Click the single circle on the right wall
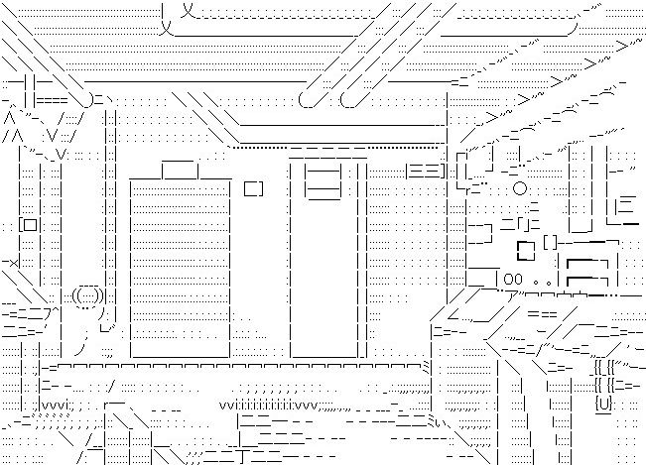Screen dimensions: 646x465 [x=519, y=188]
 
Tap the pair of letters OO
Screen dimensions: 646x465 [x=513, y=280]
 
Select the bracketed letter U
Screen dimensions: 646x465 [x=602, y=405]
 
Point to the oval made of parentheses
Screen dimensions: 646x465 [x=86, y=294]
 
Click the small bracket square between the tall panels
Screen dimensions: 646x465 [x=254, y=187]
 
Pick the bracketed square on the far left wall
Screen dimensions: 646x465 [x=29, y=225]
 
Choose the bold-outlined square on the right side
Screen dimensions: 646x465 [x=525, y=244]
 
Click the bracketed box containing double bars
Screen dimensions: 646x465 [x=426, y=172]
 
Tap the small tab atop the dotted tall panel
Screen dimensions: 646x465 [x=181, y=169]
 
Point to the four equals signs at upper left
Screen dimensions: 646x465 [x=52, y=100]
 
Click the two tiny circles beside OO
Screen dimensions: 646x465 [x=542, y=282]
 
